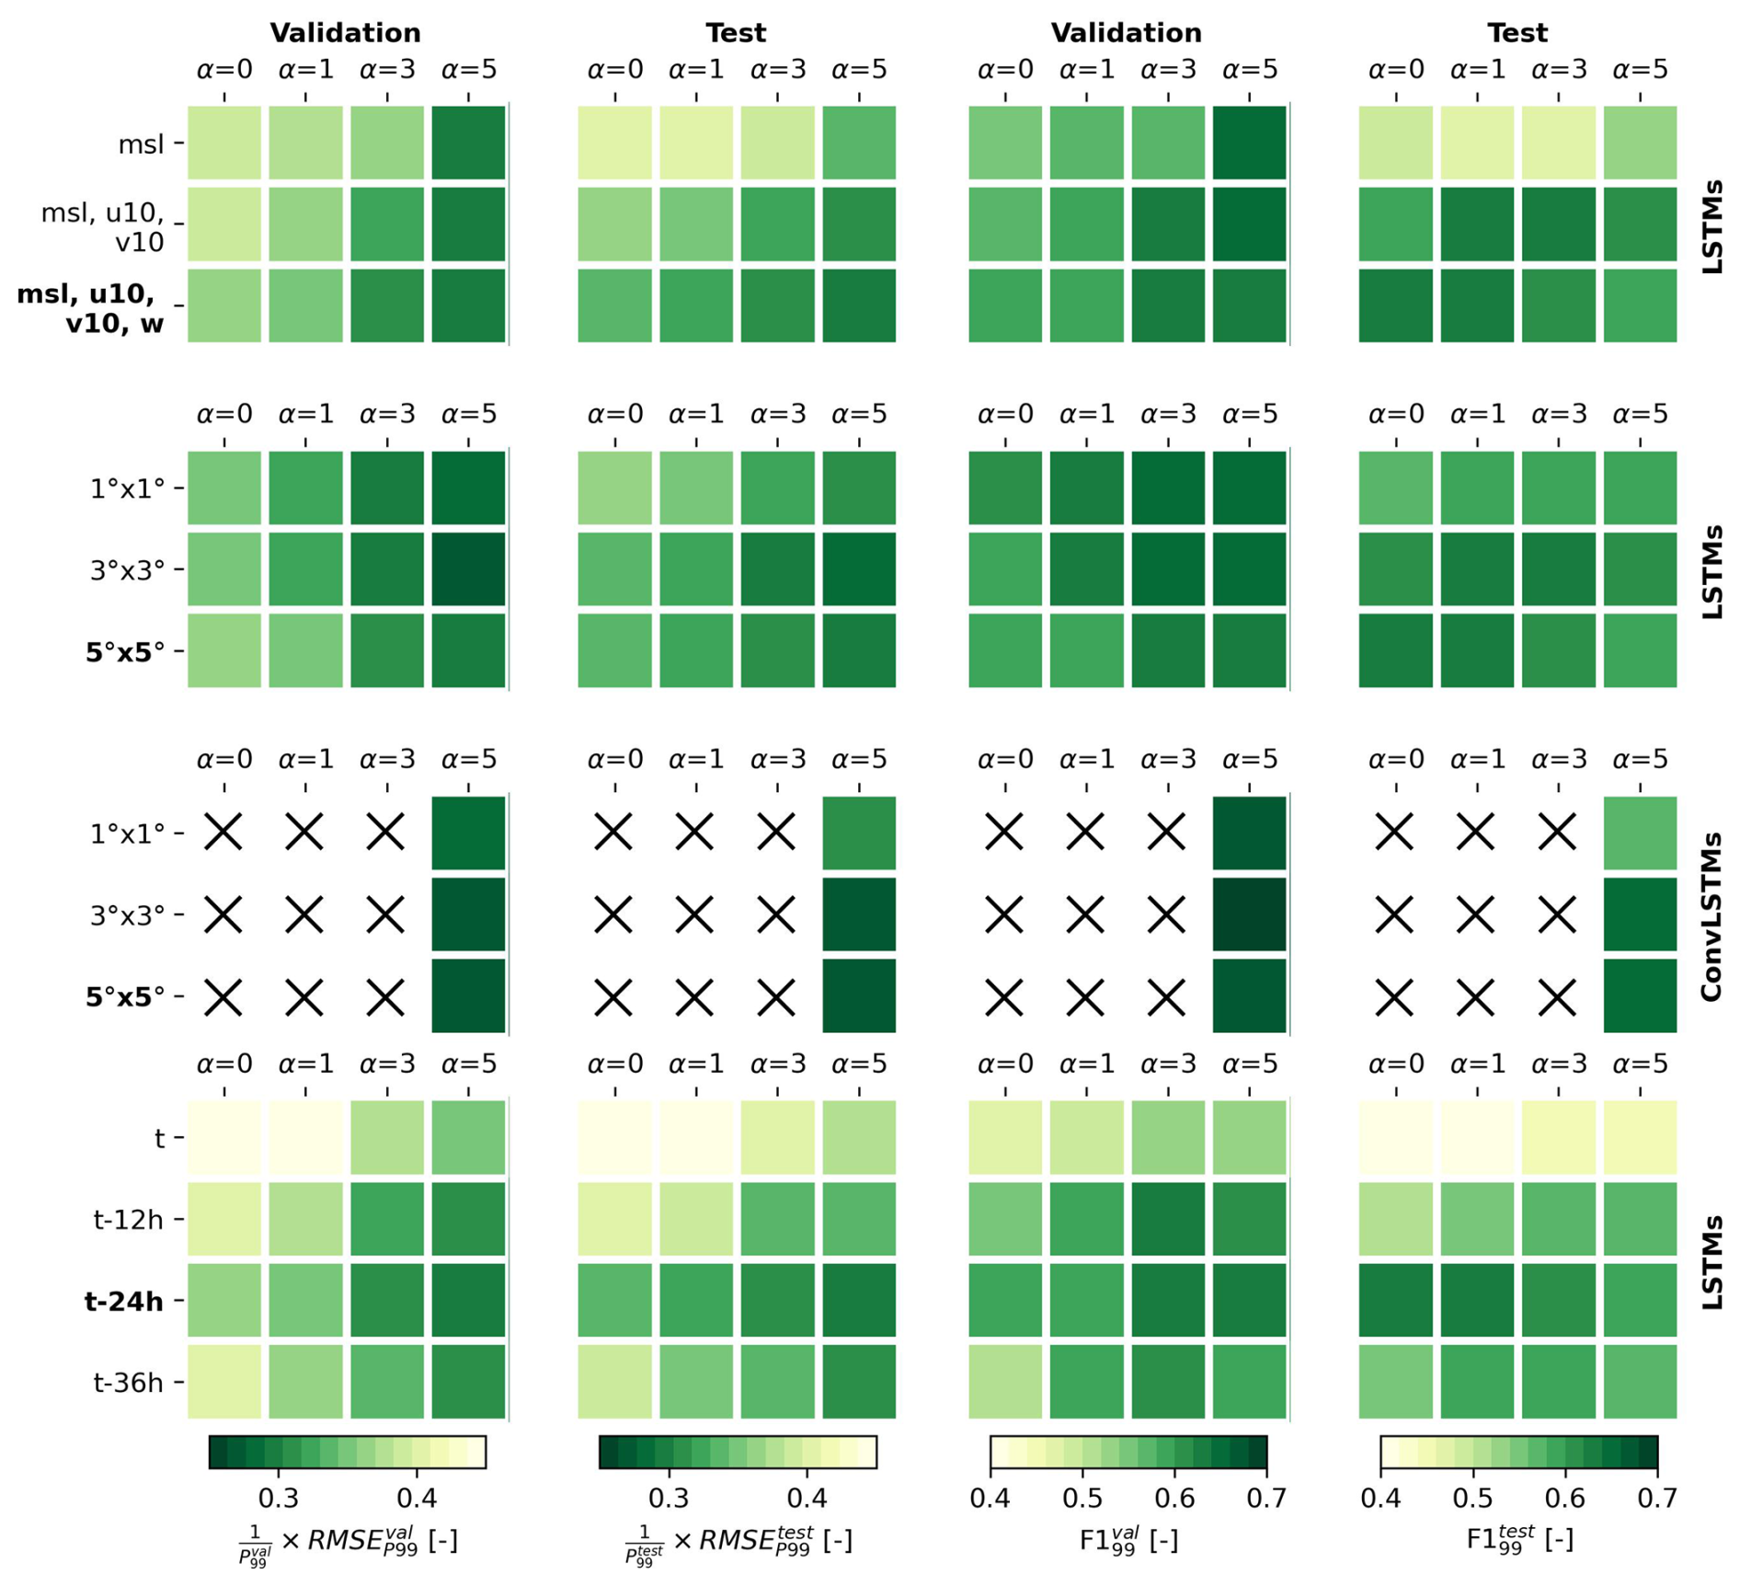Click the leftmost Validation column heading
[345, 33]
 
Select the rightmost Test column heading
[1517, 33]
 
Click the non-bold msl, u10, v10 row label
[103, 226]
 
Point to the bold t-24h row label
[123, 1302]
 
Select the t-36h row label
[128, 1383]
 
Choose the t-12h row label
[128, 1220]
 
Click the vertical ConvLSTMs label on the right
[1711, 915]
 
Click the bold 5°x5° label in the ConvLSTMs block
[125, 997]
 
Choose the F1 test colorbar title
[1517, 1538]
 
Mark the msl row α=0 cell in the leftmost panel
[224, 143]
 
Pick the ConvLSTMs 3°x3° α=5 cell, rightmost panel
[1640, 914]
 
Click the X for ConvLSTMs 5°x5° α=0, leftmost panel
[223, 996]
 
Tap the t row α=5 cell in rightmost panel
[1640, 1137]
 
